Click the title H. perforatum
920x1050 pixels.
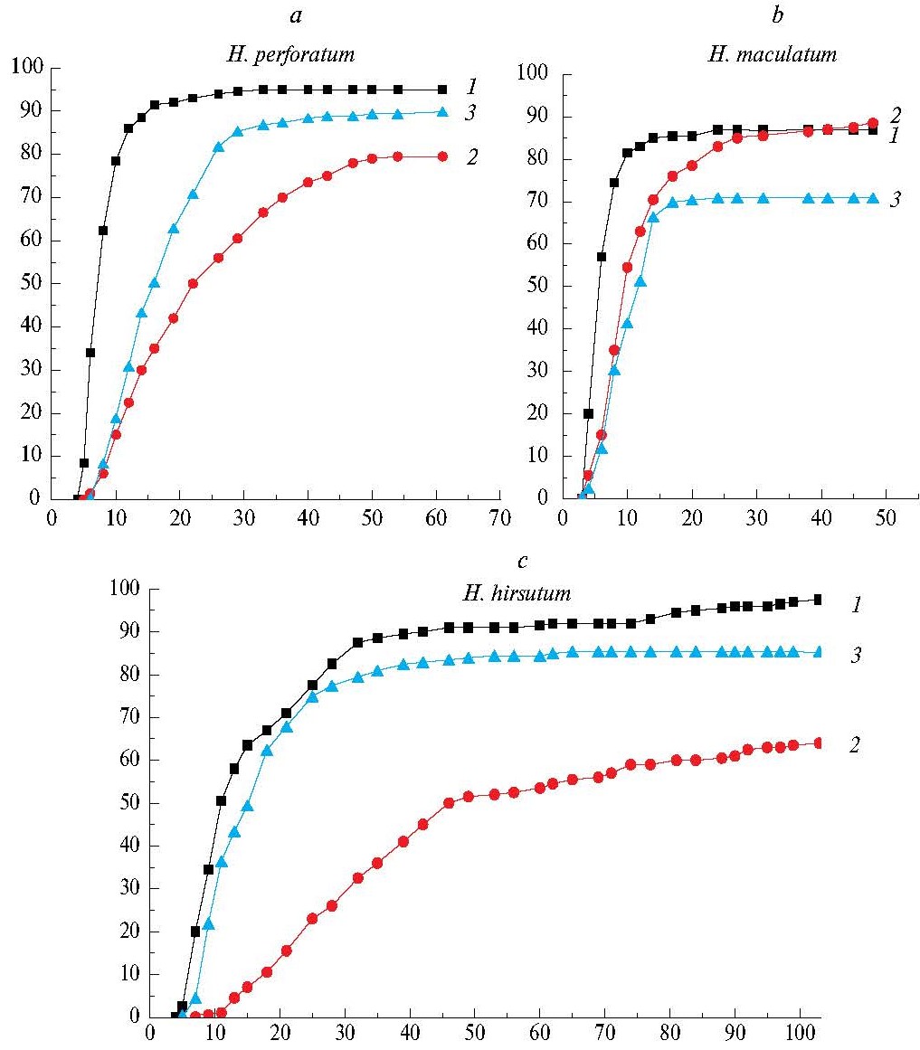290,55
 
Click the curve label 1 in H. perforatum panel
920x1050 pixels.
471,87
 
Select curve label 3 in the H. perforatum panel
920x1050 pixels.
471,113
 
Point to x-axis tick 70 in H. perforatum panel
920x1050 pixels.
500,518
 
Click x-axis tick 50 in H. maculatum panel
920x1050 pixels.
887,518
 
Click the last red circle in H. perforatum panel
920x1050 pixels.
442,156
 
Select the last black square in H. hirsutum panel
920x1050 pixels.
818,600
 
